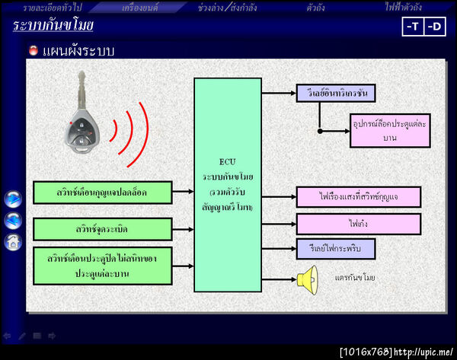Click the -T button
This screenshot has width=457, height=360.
pyautogui.click(x=412, y=27)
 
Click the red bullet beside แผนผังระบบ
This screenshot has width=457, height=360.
pyautogui.click(x=33, y=51)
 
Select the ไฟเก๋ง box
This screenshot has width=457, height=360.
pyautogui.click(x=358, y=224)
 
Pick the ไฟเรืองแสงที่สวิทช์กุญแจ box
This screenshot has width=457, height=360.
pyautogui.click(x=358, y=197)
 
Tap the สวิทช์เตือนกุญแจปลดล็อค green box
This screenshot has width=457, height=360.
pyautogui.click(x=102, y=193)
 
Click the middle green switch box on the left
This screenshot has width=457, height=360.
pyautogui.click(x=102, y=228)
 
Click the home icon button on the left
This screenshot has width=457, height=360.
pyautogui.click(x=13, y=242)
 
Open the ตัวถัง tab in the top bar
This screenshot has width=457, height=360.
pyautogui.click(x=316, y=8)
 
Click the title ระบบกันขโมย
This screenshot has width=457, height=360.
pyautogui.click(x=53, y=26)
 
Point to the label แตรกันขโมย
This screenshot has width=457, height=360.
pyautogui.click(x=355, y=279)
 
